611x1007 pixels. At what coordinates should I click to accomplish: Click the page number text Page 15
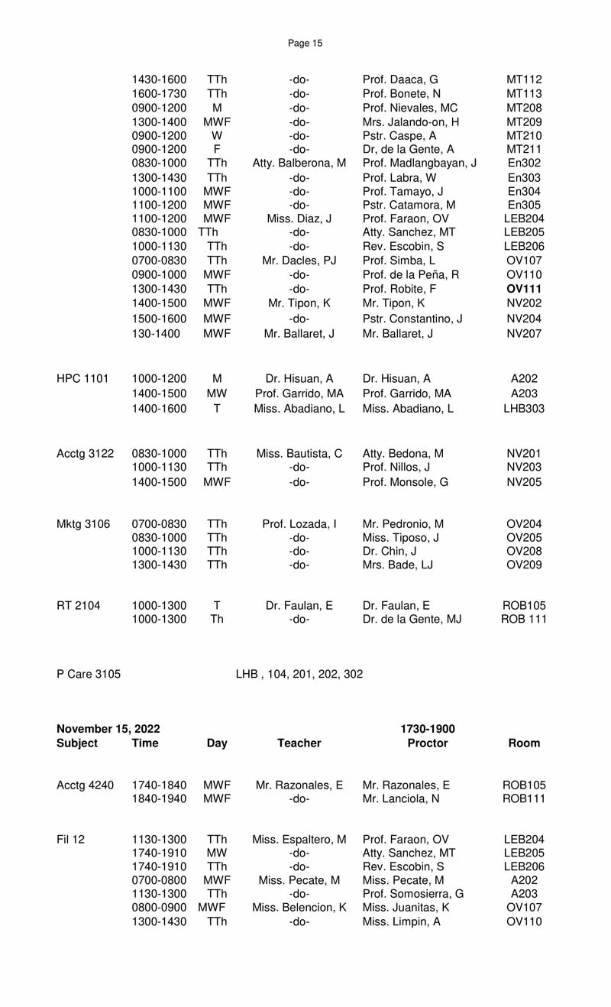[305, 44]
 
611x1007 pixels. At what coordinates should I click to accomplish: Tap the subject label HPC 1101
[82, 378]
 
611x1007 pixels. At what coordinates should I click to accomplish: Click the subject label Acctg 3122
[86, 454]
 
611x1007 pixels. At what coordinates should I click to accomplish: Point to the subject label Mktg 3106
[83, 524]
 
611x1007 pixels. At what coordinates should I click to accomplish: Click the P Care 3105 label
[89, 674]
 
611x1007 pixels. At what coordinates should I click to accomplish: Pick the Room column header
[524, 743]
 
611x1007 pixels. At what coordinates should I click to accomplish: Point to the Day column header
[217, 743]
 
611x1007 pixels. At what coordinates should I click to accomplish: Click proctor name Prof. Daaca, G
[400, 79]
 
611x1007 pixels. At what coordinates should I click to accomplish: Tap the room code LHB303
[524, 409]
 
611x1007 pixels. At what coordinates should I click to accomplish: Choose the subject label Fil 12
[71, 840]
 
